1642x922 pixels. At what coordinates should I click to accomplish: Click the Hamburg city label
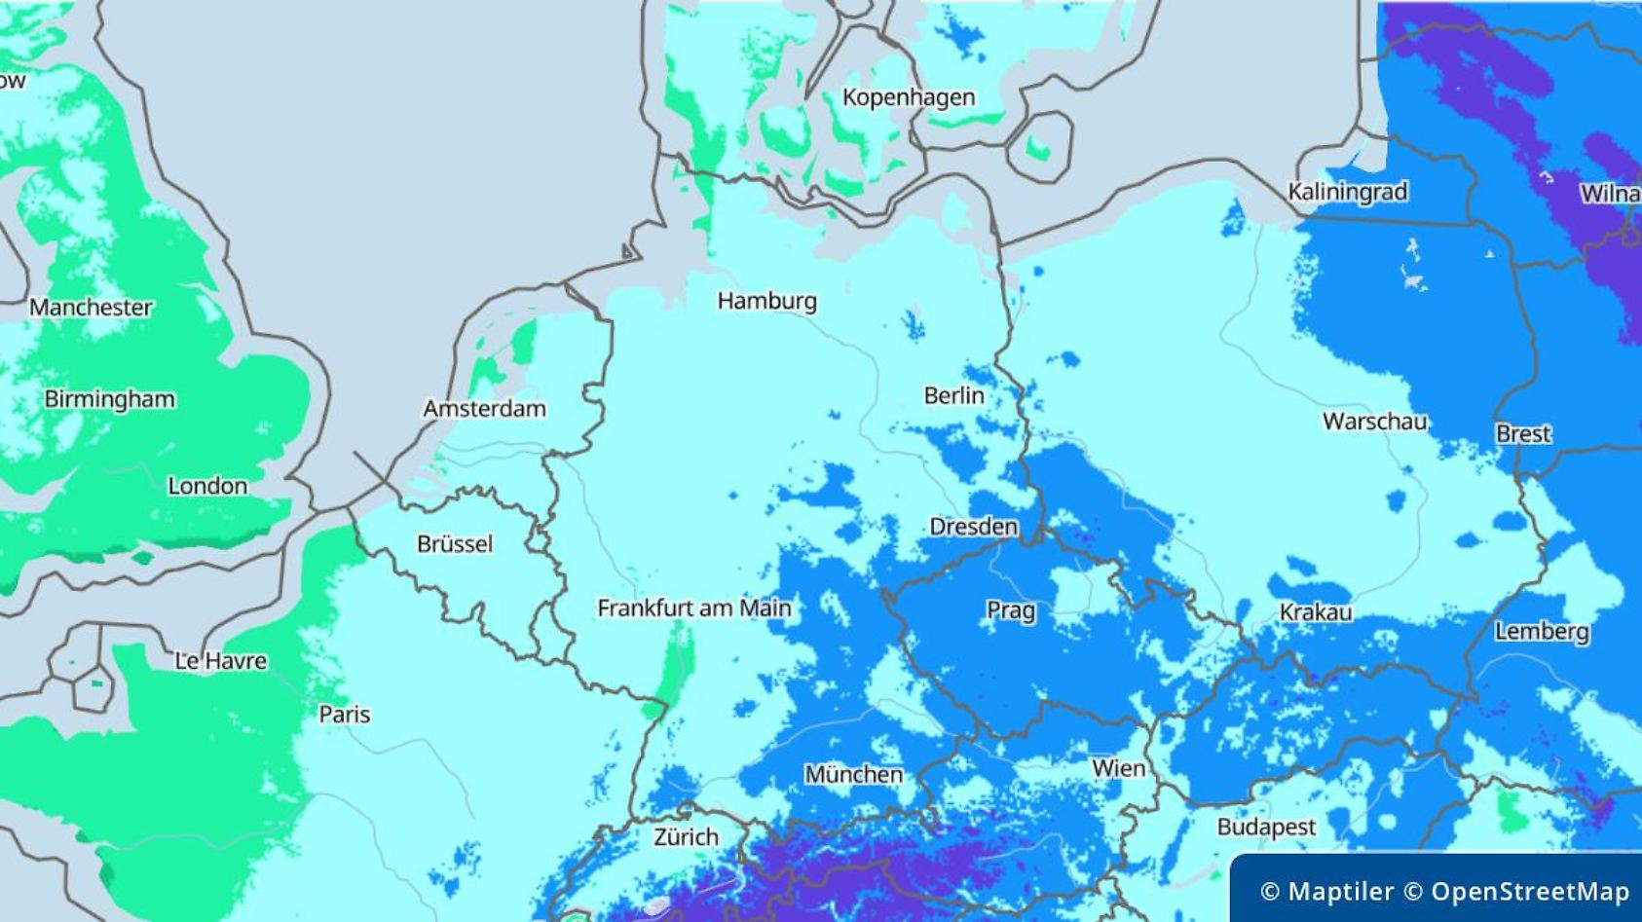tap(766, 301)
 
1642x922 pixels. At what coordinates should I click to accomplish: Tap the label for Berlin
tap(953, 395)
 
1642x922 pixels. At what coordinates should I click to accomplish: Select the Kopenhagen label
tap(908, 97)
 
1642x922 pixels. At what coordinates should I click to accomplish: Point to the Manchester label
tap(91, 308)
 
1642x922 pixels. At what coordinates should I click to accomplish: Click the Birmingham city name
tap(109, 399)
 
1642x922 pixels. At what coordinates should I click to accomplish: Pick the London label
tap(207, 486)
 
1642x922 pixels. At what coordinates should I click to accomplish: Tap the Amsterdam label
tap(484, 409)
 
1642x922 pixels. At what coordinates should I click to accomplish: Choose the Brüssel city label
tap(454, 543)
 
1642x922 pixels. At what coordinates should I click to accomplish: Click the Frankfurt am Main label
tap(693, 609)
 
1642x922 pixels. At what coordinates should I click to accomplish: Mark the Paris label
tap(345, 715)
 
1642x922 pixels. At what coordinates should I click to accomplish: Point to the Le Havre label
tap(221, 661)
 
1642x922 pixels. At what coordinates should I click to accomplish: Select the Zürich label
tap(686, 836)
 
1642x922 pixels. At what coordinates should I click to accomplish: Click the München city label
tap(853, 775)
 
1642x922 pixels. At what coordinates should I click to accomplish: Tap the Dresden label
tap(973, 527)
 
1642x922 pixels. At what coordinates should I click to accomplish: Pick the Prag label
tap(1011, 610)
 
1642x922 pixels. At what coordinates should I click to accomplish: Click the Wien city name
tap(1118, 768)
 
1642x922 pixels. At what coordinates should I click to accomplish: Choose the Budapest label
tap(1266, 828)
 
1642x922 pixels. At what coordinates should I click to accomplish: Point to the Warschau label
tap(1374, 422)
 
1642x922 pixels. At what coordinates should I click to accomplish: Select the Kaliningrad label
tap(1347, 192)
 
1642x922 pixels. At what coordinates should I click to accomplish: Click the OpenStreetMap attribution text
tap(1530, 891)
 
